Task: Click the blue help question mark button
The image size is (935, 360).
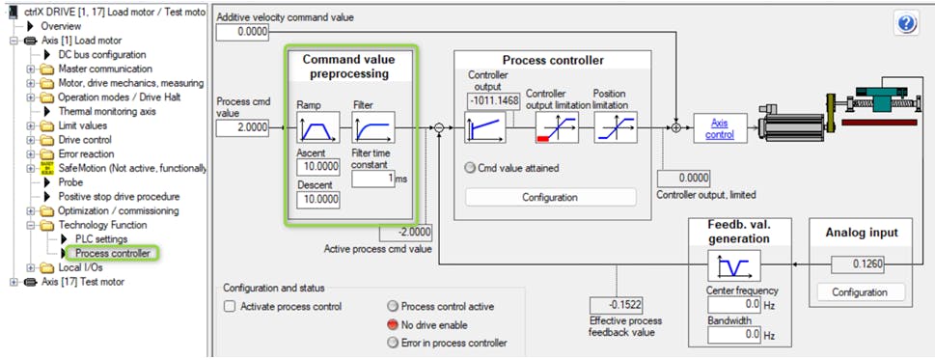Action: (905, 24)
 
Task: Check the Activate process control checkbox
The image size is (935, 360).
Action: (230, 307)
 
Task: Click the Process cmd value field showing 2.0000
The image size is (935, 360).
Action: (242, 127)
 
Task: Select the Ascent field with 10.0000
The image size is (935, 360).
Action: (317, 167)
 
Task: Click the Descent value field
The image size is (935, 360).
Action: (317, 200)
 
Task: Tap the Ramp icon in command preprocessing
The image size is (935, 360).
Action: (317, 127)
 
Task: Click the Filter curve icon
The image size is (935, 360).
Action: (373, 127)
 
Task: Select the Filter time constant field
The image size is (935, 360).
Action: (373, 179)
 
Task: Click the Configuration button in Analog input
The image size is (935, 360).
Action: (860, 292)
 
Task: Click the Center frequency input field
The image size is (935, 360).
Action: (734, 305)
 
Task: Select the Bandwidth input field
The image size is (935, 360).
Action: (734, 335)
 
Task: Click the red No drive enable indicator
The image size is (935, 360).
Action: (393, 325)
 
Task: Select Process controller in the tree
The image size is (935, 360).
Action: (113, 253)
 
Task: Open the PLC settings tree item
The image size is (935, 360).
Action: (101, 239)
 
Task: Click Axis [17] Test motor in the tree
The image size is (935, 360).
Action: (83, 282)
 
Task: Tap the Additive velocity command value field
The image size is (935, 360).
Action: (242, 32)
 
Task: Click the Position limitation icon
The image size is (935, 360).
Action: (616, 127)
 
